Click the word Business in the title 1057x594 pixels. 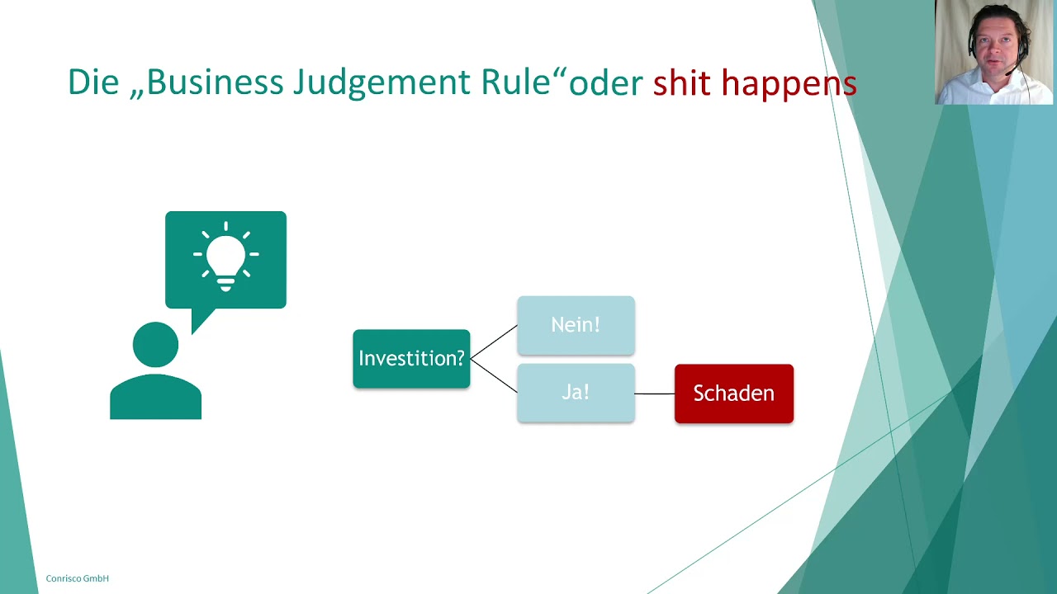tap(214, 82)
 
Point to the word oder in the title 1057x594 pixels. tap(606, 83)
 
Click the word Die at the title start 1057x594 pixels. tap(92, 82)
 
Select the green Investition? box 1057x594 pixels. tap(411, 359)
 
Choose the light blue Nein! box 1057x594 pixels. tap(576, 325)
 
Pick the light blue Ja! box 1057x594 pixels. tap(576, 393)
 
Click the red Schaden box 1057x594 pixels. tap(733, 394)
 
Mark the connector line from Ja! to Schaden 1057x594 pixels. tap(655, 394)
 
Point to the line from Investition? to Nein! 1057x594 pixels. tap(494, 342)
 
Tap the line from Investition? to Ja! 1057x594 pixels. tap(494, 376)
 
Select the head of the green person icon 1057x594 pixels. tap(155, 345)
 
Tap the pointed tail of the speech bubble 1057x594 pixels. tap(199, 320)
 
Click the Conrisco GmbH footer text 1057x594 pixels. tap(77, 578)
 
